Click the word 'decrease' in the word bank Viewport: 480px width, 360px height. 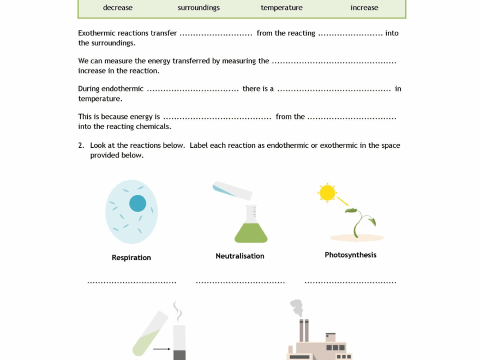(117, 8)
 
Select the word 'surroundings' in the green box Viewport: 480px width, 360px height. (199, 8)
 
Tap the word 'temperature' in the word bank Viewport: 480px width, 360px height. (281, 8)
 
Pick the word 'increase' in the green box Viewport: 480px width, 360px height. (364, 8)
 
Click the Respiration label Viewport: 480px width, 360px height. (131, 257)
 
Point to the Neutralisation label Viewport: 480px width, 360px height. (240, 256)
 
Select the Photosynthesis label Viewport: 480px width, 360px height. (350, 255)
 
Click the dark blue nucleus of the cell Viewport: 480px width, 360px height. (137, 203)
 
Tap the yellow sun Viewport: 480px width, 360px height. (327, 193)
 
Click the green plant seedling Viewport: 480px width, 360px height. (361, 221)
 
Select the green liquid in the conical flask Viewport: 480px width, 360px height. (251, 232)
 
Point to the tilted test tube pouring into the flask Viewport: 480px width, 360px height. (232, 190)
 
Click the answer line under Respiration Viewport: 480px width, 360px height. (131, 282)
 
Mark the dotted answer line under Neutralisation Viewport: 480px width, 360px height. (240, 282)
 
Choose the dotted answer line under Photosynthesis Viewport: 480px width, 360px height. (350, 282)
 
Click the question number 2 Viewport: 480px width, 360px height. (81, 146)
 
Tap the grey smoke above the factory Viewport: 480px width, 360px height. (297, 308)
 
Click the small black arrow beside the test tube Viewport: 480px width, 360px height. (161, 349)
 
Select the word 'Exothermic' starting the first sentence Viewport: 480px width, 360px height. (95, 33)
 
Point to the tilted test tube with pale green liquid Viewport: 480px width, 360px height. (149, 334)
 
